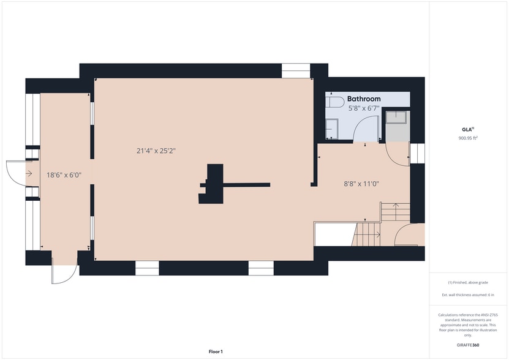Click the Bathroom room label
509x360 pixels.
tap(364, 99)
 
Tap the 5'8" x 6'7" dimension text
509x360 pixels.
tap(364, 108)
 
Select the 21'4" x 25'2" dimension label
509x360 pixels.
tap(160, 151)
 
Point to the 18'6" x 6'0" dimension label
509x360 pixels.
tap(64, 174)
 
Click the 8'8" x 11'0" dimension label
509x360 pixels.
tap(360, 182)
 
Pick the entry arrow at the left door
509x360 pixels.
tap(29, 174)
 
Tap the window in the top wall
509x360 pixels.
tap(295, 70)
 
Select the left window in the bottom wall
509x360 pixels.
tap(147, 268)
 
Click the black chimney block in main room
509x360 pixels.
tap(213, 184)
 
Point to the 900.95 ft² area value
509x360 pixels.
tap(468, 138)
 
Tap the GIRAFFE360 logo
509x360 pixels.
tap(468, 345)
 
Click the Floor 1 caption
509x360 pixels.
tap(215, 351)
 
